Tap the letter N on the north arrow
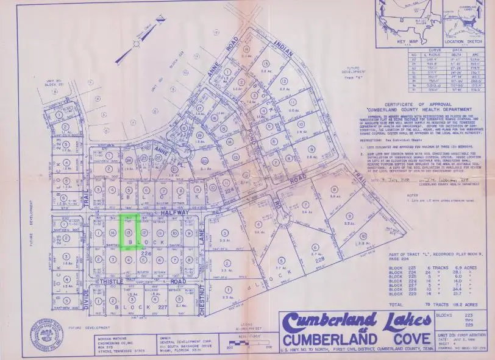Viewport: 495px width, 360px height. tap(159, 19)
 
